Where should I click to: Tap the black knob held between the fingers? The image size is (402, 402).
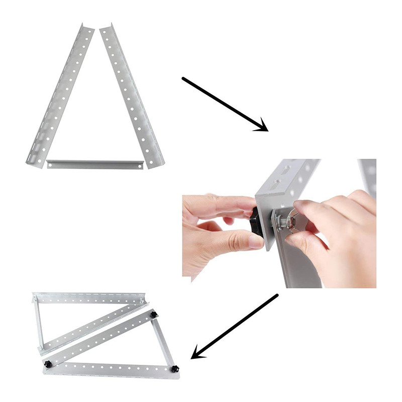[255, 221]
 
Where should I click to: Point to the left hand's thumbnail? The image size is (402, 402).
[254, 241]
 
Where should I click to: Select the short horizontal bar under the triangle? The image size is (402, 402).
[95, 164]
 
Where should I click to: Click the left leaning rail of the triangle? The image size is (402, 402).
[59, 95]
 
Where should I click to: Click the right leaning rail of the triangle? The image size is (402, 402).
[132, 95]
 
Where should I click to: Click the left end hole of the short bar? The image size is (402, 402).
[52, 164]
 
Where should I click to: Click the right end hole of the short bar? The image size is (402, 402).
[139, 164]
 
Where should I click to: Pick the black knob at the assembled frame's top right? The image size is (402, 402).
[153, 315]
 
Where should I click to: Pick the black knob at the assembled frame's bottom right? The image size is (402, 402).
[175, 369]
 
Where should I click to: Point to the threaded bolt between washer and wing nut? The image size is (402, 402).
[287, 221]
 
